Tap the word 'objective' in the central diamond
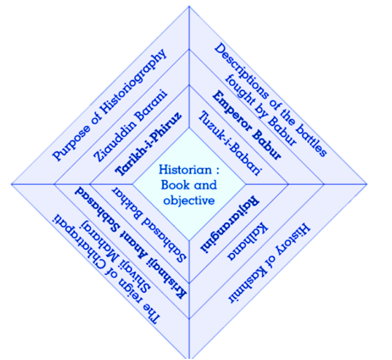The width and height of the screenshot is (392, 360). click(x=189, y=200)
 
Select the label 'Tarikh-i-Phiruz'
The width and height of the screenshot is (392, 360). click(x=149, y=143)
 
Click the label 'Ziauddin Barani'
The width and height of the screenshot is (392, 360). click(x=130, y=126)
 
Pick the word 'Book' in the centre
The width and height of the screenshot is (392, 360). click(x=173, y=185)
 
